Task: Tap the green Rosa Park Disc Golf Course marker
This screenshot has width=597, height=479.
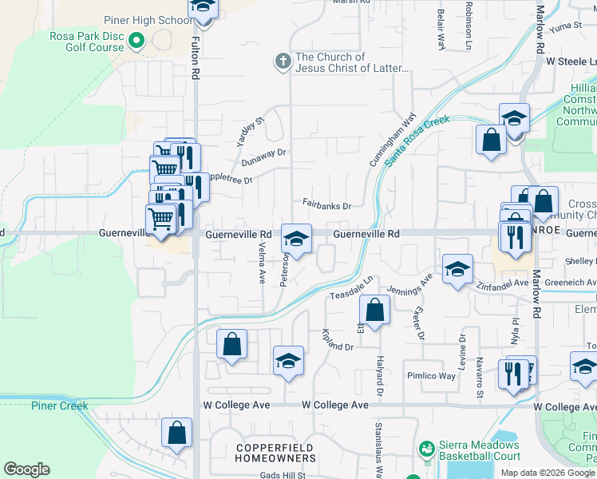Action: [x=136, y=38]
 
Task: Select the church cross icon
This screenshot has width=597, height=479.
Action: [x=282, y=61]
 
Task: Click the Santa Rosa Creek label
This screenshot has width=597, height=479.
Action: [x=417, y=141]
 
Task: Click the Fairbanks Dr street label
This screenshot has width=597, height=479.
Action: [x=326, y=205]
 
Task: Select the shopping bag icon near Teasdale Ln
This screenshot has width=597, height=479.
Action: [x=374, y=310]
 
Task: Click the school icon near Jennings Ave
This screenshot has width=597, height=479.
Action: [x=457, y=270]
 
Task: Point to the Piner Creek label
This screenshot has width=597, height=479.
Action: [x=60, y=406]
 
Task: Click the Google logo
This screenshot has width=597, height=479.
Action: [x=26, y=469]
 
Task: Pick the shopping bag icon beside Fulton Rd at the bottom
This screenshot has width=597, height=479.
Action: [x=176, y=433]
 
